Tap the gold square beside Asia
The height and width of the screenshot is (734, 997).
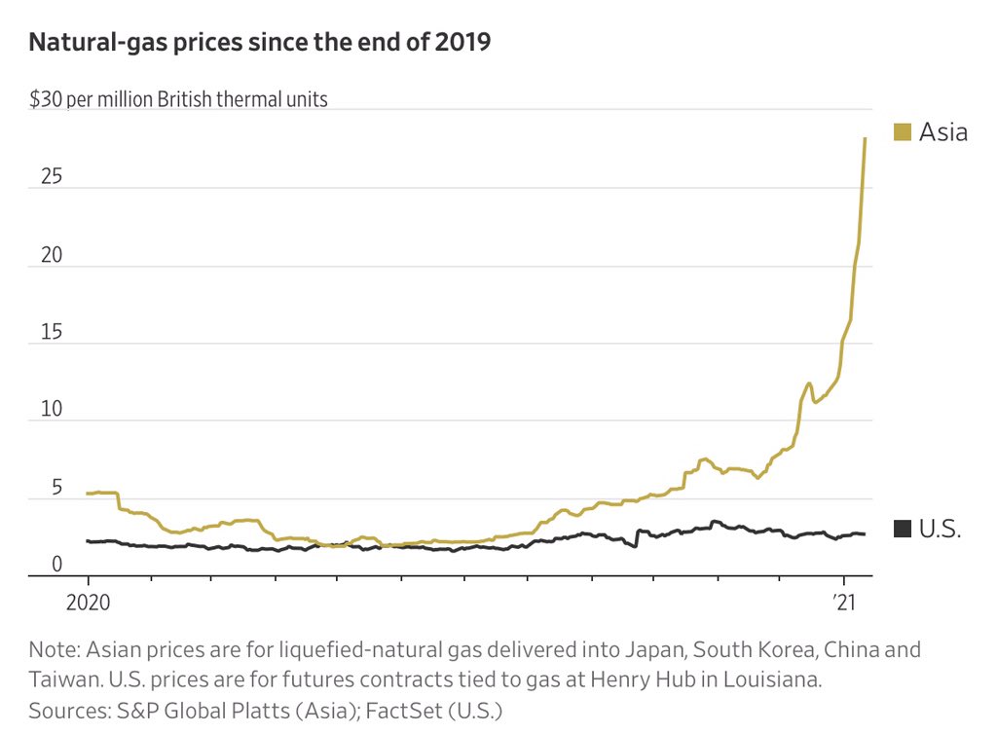click(903, 131)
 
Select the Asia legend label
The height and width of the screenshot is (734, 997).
click(943, 131)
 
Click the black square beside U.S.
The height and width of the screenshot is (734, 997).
click(903, 529)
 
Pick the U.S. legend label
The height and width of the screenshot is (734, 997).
click(941, 529)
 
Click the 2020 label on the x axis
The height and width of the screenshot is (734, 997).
click(88, 603)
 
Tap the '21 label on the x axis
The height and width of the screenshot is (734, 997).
click(843, 603)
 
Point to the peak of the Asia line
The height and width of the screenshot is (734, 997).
click(865, 138)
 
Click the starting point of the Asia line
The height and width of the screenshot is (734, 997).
click(88, 494)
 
